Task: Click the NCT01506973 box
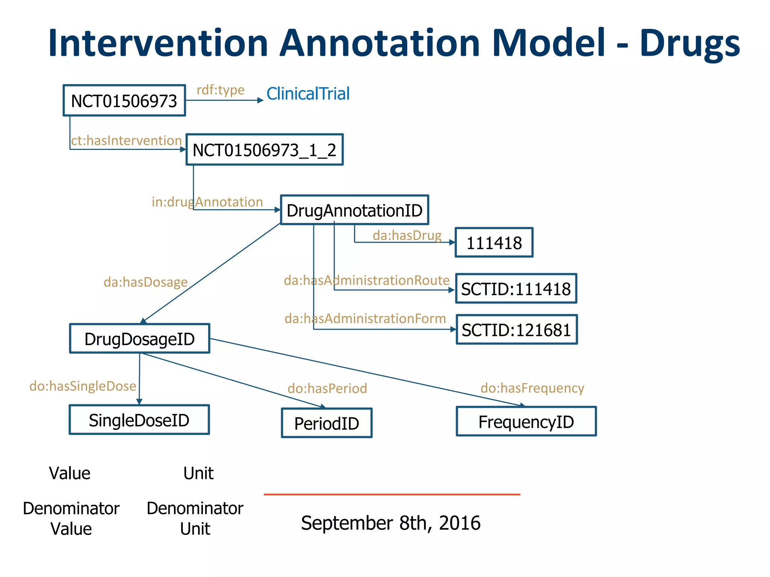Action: (124, 101)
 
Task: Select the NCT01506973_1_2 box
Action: (264, 150)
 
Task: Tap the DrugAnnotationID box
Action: (354, 210)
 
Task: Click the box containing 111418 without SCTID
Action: (494, 243)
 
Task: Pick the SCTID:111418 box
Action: (516, 289)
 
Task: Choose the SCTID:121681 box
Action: (516, 330)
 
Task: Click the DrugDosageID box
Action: (139, 339)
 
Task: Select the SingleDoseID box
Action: (139, 420)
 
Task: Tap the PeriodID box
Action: (326, 423)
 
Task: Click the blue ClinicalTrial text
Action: (308, 94)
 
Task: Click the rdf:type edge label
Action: (221, 90)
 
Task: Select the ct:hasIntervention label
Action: (126, 140)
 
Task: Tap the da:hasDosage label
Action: (146, 282)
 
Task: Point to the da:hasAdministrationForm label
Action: (365, 319)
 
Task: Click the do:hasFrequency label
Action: (532, 388)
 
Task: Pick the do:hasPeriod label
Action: (327, 388)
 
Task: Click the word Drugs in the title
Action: (690, 43)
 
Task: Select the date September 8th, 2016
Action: (391, 523)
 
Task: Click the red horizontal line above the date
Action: (392, 494)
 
